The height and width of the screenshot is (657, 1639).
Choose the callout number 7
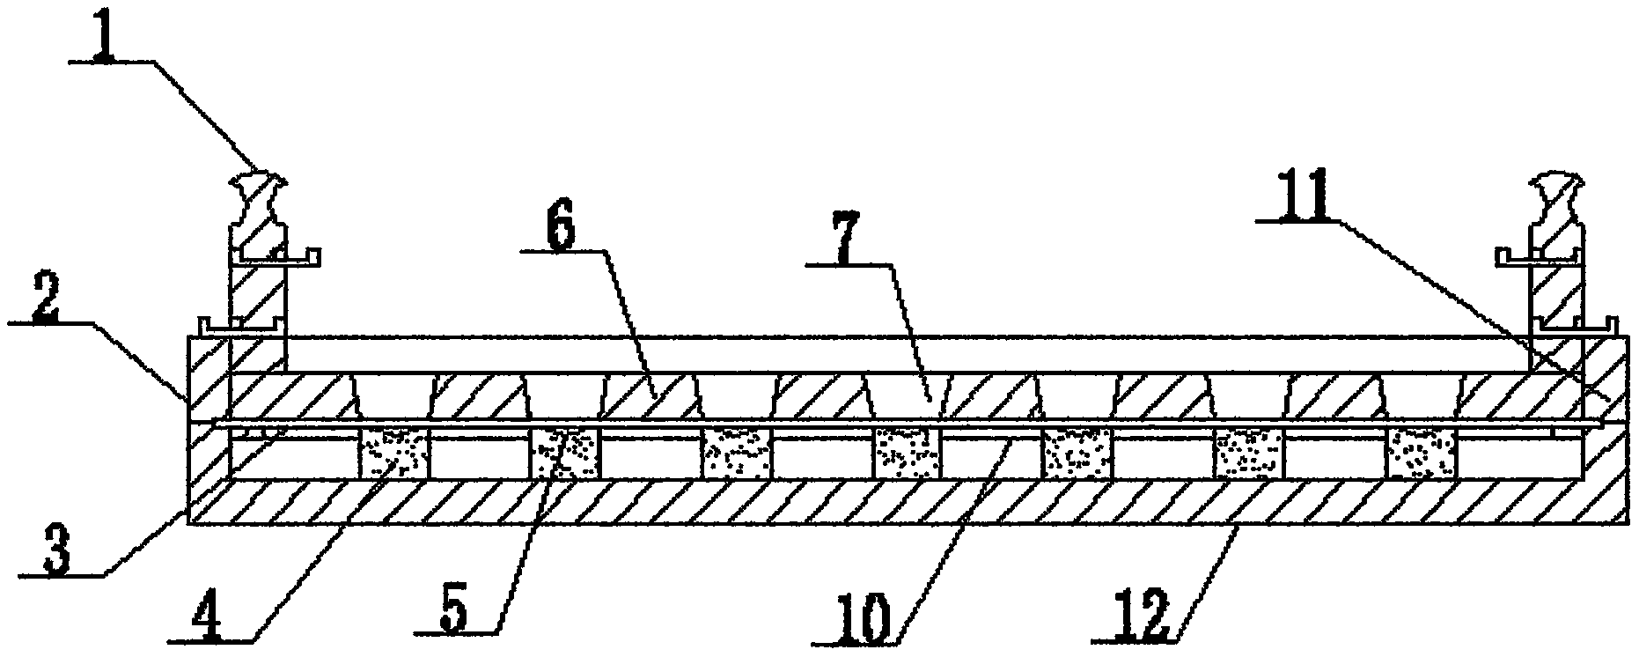tap(842, 247)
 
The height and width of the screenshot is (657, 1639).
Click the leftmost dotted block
tap(393, 454)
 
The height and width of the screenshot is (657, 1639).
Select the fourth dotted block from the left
tap(908, 454)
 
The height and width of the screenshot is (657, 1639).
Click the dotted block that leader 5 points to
tap(563, 454)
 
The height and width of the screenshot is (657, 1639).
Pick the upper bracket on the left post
tap(277, 257)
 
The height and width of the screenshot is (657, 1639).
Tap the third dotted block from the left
tap(737, 454)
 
